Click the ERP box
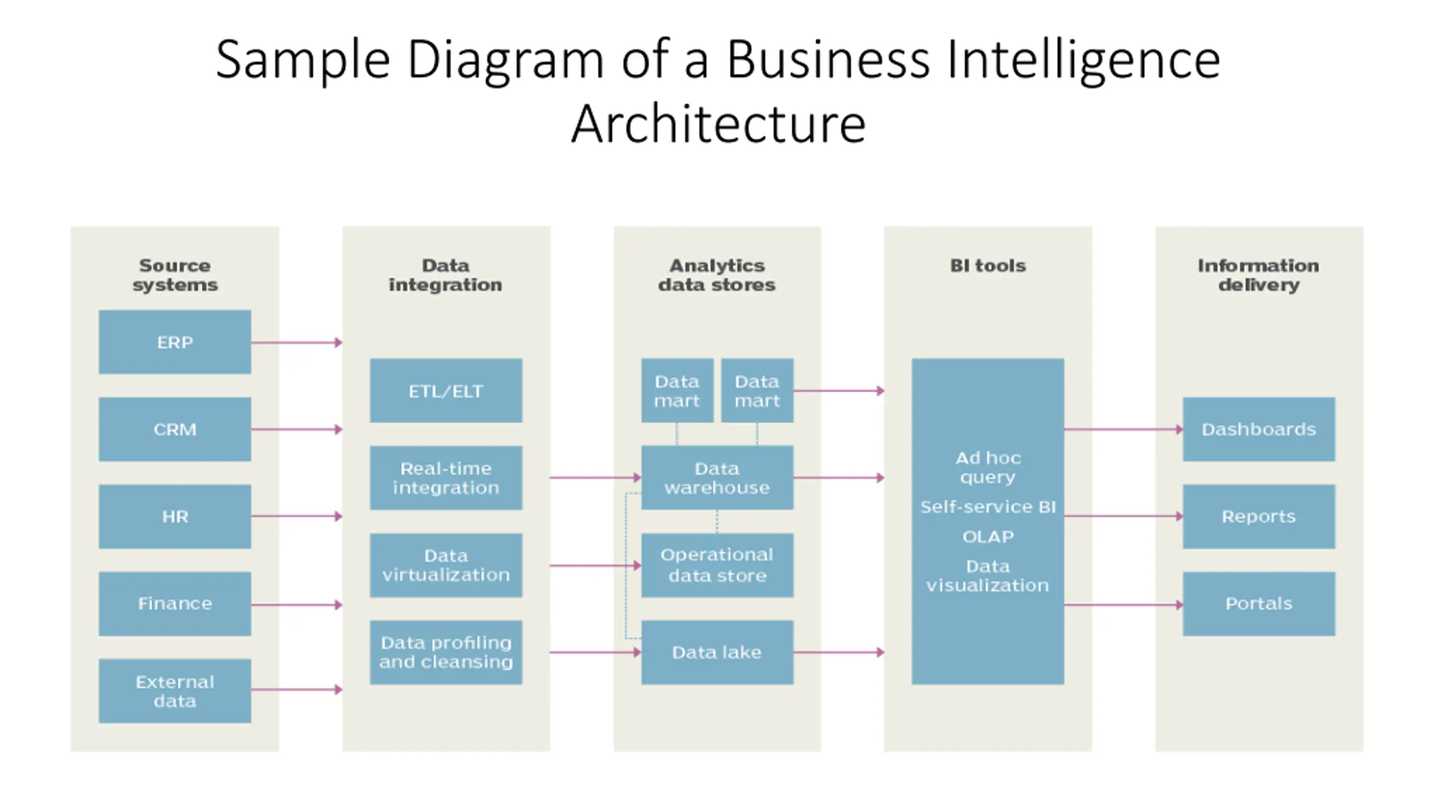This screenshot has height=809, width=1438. pyautogui.click(x=175, y=342)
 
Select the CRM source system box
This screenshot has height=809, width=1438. pyautogui.click(x=175, y=429)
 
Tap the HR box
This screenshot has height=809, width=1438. pyautogui.click(x=175, y=516)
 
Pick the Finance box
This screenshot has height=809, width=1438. pyautogui.click(x=175, y=603)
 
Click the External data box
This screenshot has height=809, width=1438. pyautogui.click(x=175, y=691)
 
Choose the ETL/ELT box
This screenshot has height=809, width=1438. pyautogui.click(x=446, y=390)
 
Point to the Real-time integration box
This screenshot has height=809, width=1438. pyautogui.click(x=446, y=478)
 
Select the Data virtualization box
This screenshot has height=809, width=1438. pyautogui.click(x=446, y=565)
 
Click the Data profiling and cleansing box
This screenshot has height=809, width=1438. pyautogui.click(x=446, y=652)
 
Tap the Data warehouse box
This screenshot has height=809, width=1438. pyautogui.click(x=717, y=478)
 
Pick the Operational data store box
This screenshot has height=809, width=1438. pyautogui.click(x=717, y=565)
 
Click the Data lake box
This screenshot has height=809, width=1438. pyautogui.click(x=717, y=652)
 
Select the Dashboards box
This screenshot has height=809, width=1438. pyautogui.click(x=1259, y=429)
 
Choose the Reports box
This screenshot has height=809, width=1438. pyautogui.click(x=1259, y=516)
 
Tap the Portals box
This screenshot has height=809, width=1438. pyautogui.click(x=1259, y=603)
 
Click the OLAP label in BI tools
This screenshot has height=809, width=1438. pyautogui.click(x=988, y=537)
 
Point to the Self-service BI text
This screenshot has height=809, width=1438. pyautogui.click(x=988, y=507)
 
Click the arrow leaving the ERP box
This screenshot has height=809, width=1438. pyautogui.click(x=297, y=342)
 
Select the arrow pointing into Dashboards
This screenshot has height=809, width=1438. pyautogui.click(x=1123, y=429)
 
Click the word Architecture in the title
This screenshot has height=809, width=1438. pyautogui.click(x=718, y=125)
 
